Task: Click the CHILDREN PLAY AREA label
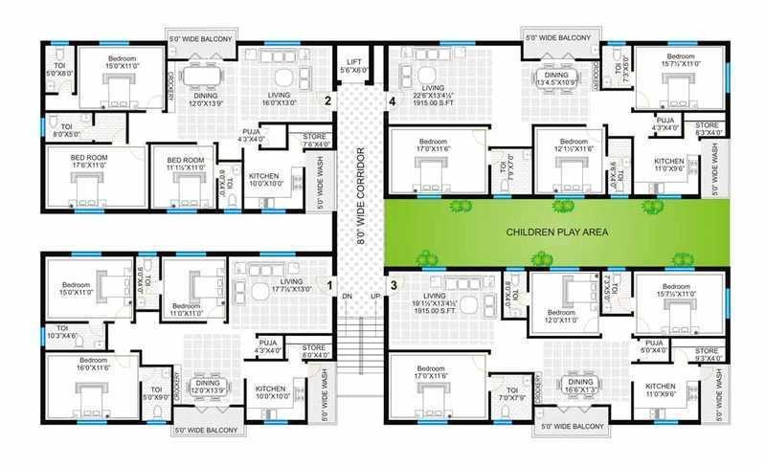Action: click(x=552, y=233)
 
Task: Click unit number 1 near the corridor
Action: click(x=330, y=284)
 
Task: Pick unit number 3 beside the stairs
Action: click(x=393, y=284)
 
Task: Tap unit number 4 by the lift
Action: click(x=392, y=100)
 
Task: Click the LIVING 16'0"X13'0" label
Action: click(x=279, y=99)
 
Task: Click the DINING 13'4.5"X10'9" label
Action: click(x=556, y=79)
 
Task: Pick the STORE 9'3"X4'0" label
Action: click(x=707, y=356)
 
